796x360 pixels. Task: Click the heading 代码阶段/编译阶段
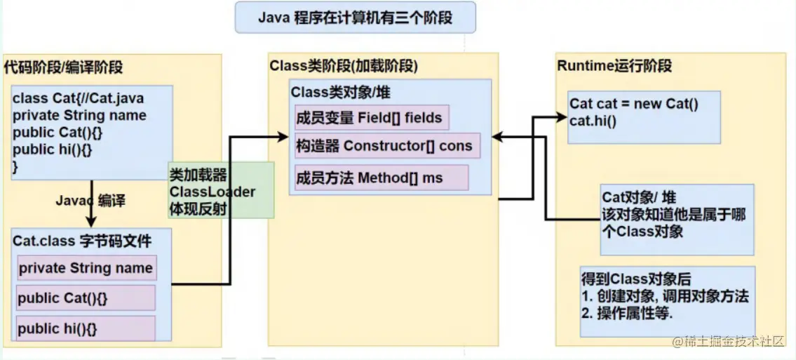[x=63, y=67]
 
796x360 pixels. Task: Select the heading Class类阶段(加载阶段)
[x=344, y=66]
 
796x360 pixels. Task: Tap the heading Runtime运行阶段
[x=614, y=66]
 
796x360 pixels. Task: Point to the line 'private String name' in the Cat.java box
[x=79, y=115]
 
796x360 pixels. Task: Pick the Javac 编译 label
[x=90, y=201]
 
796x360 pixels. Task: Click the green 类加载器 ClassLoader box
[x=220, y=190]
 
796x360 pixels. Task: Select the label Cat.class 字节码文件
[x=82, y=241]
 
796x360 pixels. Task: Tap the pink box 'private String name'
[x=86, y=268]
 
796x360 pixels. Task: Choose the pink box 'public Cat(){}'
[x=86, y=298]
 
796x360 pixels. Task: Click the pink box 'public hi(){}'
[x=86, y=328]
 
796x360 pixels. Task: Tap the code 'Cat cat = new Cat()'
[x=634, y=104]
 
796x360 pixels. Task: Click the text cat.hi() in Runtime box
[x=593, y=120]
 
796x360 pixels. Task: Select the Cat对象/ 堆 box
[x=677, y=219]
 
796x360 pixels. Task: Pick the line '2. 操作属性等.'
[x=627, y=314]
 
